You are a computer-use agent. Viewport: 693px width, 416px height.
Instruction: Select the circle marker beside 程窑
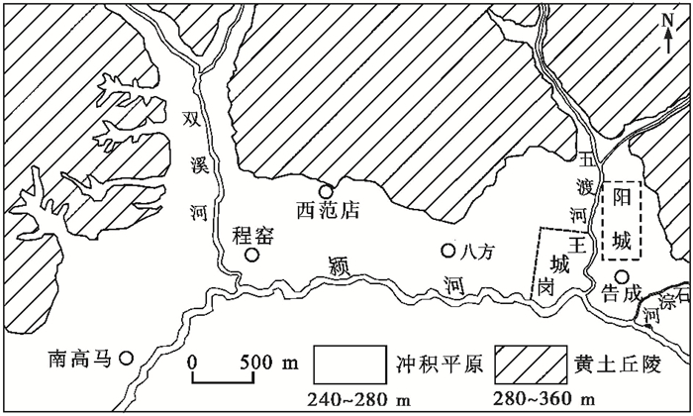coord(252,256)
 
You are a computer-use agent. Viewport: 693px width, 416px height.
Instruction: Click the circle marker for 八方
coord(448,251)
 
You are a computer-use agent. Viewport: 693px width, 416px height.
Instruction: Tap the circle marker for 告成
coord(621,276)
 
